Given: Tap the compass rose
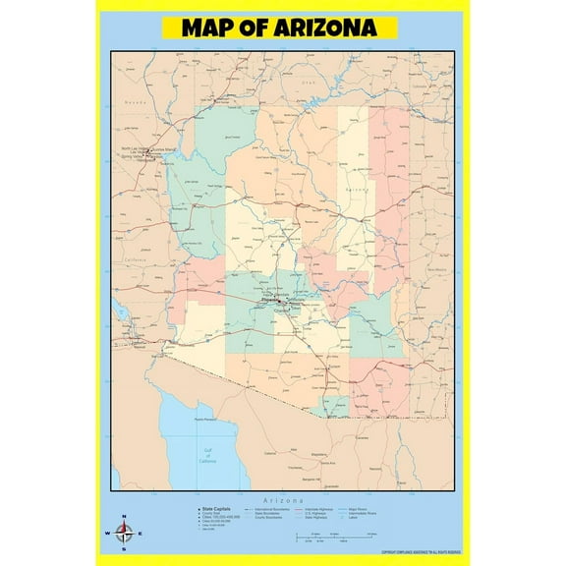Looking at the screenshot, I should [x=123, y=533].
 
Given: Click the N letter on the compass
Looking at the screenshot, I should [x=123, y=517].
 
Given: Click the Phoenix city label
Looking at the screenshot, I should [x=266, y=301].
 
